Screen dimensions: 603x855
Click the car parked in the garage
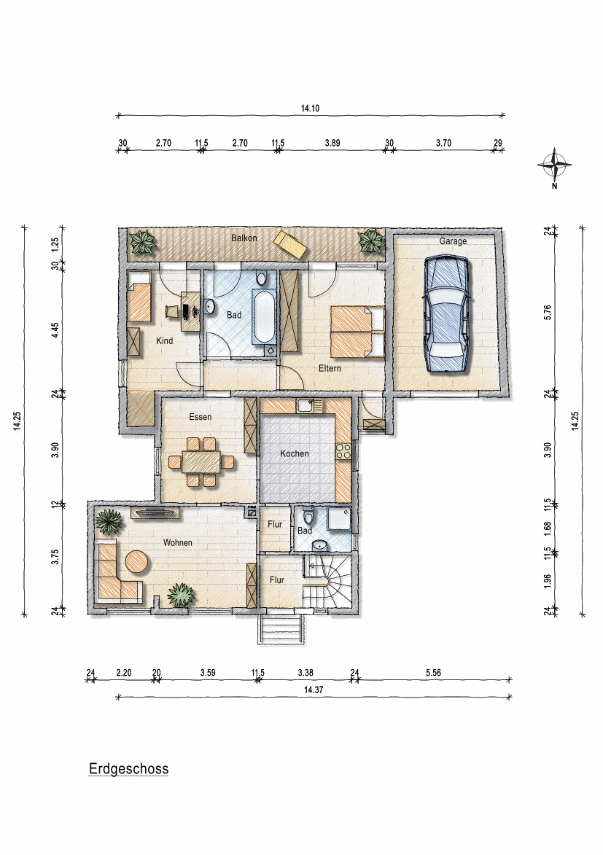[x=446, y=315]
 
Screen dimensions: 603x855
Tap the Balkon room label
[x=244, y=238]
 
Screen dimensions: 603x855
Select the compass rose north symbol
[x=554, y=165]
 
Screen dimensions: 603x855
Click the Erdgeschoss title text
[x=129, y=769]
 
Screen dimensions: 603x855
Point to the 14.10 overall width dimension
[x=310, y=108]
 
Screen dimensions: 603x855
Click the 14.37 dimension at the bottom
[x=314, y=690]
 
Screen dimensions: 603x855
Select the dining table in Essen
[x=201, y=462]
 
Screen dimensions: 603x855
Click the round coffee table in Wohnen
[x=136, y=562]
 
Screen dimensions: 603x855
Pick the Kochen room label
[x=295, y=453]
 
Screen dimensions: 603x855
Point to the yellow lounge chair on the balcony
[x=291, y=243]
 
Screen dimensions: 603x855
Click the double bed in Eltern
[x=357, y=332]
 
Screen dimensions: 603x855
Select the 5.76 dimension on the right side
[x=548, y=311]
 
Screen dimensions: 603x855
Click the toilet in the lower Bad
[x=308, y=516]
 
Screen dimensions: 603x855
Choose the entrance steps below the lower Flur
[x=281, y=629]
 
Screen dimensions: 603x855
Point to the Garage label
[x=453, y=241]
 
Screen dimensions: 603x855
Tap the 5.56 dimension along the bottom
[x=433, y=672]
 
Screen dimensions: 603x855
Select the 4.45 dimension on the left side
[x=55, y=331]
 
